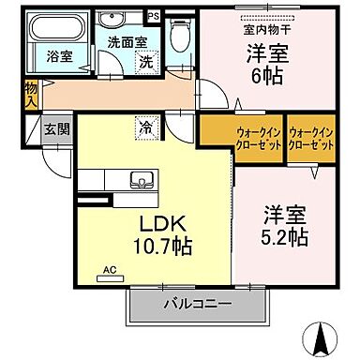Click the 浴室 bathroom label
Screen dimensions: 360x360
point(60,56)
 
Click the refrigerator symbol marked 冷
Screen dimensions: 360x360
point(146,122)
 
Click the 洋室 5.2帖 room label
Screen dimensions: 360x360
point(283,226)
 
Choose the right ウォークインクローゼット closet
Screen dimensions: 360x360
point(312,140)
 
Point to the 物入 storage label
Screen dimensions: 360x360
point(30,92)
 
